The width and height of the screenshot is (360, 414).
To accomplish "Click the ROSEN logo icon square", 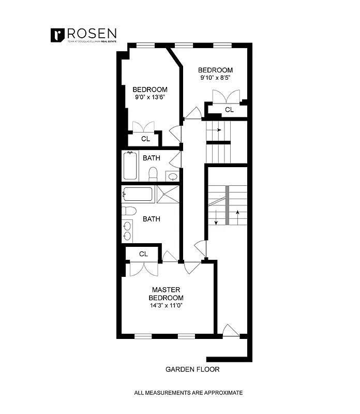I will click(x=57, y=35).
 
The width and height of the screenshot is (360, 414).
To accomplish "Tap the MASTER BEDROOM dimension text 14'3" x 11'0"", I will click(x=166, y=305).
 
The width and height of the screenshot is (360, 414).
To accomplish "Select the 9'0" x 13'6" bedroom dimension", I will click(x=149, y=97).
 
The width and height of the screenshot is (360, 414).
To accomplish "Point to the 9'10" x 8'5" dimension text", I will click(x=215, y=78).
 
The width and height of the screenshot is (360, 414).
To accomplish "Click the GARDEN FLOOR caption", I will click(x=192, y=369).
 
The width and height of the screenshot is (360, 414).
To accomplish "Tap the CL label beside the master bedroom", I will click(x=144, y=254).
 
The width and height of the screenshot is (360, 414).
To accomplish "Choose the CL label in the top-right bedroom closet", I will click(x=229, y=110).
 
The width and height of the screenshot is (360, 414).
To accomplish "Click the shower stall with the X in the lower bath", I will click(x=167, y=194).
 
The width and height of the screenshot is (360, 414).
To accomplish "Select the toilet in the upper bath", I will click(x=153, y=174).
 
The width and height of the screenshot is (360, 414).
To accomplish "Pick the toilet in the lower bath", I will click(x=129, y=211).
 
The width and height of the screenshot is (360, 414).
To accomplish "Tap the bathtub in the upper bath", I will click(x=130, y=166).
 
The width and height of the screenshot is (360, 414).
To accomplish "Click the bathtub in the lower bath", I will click(x=138, y=195).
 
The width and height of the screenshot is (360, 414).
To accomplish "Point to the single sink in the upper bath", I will click(x=173, y=176).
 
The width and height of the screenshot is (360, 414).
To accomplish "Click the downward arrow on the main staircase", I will click(x=215, y=217).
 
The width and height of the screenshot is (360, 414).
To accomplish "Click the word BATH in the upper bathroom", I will click(x=152, y=158).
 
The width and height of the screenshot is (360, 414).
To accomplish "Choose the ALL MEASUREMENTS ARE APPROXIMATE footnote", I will click(x=188, y=393).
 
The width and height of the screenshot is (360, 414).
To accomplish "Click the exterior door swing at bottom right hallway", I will click(x=230, y=330).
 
